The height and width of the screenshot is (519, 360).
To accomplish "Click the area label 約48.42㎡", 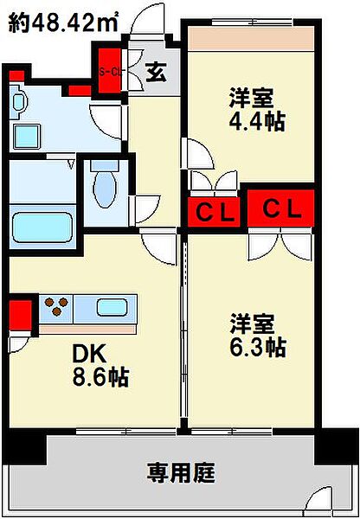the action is pyautogui.click(x=63, y=22).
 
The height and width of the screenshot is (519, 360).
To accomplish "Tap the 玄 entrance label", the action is pyautogui.click(x=155, y=74).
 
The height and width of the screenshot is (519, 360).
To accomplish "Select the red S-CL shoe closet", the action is pyautogui.click(x=110, y=71).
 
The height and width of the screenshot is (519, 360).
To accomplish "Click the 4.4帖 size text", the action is pyautogui.click(x=257, y=122).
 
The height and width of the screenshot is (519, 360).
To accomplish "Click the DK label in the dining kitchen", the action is pyautogui.click(x=89, y=356).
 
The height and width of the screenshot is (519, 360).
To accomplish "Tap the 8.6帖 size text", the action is pyautogui.click(x=100, y=378).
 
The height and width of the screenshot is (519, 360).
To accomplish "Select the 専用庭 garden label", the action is pyautogui.click(x=181, y=472).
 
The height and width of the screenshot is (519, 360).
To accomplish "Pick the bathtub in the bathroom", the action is pyautogui.click(x=42, y=227).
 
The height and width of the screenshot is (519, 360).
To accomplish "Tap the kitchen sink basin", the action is pyautogui.click(x=112, y=307).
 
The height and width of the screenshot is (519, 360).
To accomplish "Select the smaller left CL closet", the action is pyautogui.click(x=214, y=212).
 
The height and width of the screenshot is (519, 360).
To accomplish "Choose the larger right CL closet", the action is pyautogui.click(x=280, y=208).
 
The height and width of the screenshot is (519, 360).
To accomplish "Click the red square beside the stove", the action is pyautogui.click(x=20, y=315).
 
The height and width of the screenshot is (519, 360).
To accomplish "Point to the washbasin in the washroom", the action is pyautogui.click(x=17, y=102).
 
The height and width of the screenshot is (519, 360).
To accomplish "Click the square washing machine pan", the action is pyautogui.click(x=28, y=136).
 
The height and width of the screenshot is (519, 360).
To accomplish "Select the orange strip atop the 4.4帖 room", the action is pyautogui.click(x=251, y=39).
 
